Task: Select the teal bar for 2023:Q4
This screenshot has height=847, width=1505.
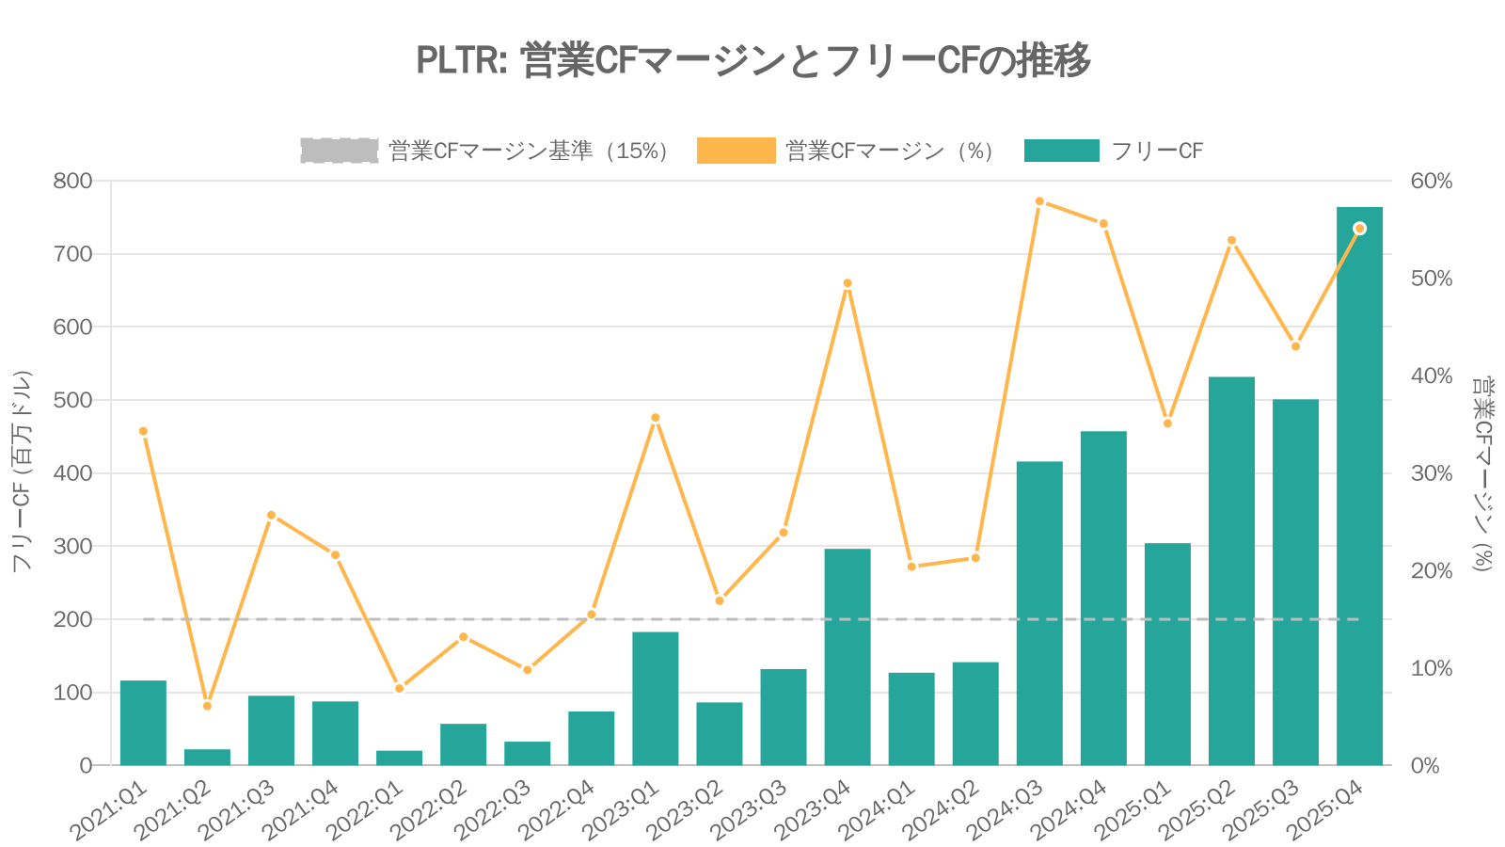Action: [848, 657]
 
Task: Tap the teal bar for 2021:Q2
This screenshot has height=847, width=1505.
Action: [207, 757]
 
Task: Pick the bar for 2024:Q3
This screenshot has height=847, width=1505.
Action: [1039, 614]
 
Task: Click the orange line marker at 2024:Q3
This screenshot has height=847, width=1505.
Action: [1039, 201]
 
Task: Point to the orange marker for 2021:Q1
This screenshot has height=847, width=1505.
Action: [143, 431]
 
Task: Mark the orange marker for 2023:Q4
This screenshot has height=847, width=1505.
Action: [848, 283]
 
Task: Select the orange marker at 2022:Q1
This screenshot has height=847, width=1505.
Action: [399, 689]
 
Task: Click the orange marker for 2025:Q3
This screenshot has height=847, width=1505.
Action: [1295, 346]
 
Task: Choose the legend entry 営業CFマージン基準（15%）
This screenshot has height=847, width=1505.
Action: [484, 151]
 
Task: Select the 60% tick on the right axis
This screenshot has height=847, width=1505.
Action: [1431, 181]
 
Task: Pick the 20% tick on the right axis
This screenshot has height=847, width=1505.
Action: [1431, 571]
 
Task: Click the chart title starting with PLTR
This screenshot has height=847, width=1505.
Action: [752, 60]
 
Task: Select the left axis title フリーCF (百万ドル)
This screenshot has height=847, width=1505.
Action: [22, 471]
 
